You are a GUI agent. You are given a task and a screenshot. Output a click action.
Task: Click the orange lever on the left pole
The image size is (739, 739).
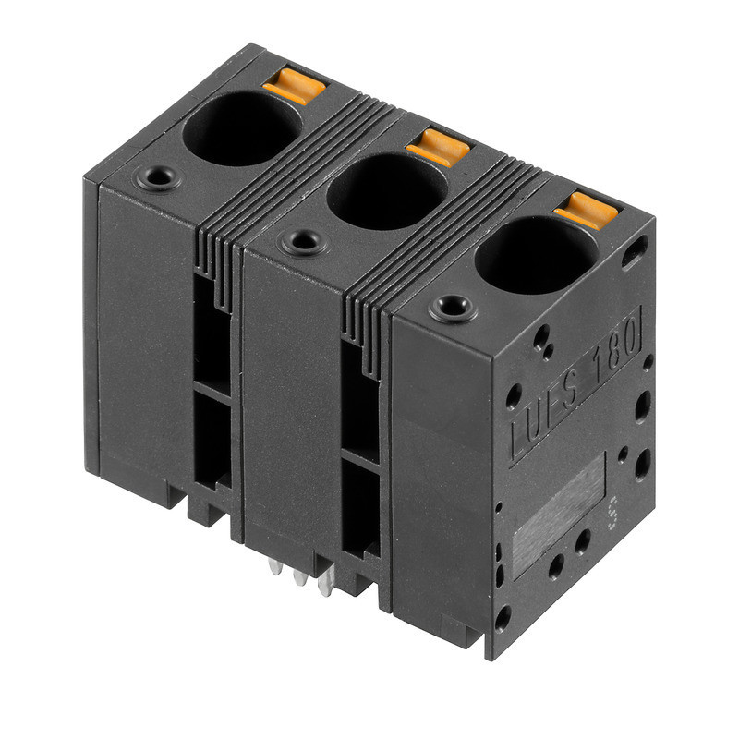click(294, 88)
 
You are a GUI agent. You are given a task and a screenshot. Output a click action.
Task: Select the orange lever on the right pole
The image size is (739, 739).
click(586, 209)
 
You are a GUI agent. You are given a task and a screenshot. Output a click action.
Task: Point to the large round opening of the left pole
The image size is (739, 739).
click(241, 128)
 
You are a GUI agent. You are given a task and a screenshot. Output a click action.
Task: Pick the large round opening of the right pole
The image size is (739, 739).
click(537, 254)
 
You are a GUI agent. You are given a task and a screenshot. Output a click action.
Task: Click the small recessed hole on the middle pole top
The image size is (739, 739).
click(302, 243)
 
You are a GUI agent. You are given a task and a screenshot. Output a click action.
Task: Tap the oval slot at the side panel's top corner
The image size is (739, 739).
click(636, 248)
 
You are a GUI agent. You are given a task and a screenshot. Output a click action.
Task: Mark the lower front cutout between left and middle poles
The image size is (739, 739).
click(212, 443)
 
